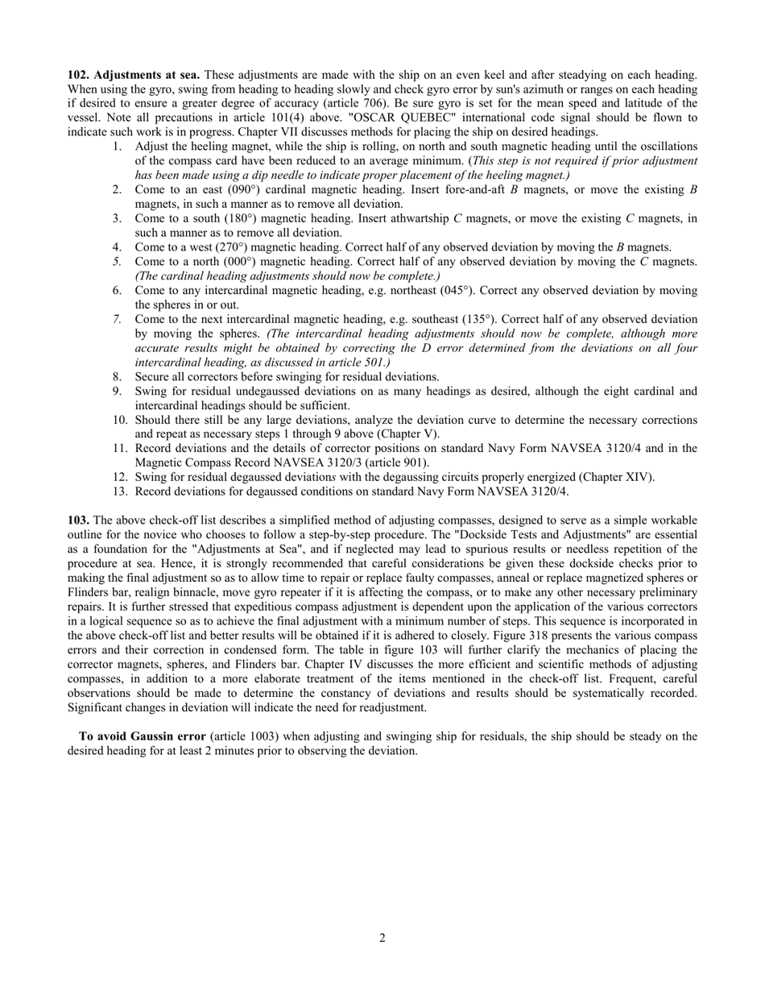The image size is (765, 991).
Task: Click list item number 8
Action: pyautogui.click(x=118, y=376)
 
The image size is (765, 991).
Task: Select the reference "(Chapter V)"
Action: pyautogui.click(x=409, y=433)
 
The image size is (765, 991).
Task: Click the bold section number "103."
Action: pyautogui.click(x=78, y=520)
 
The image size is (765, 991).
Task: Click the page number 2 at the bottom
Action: pyautogui.click(x=382, y=937)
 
